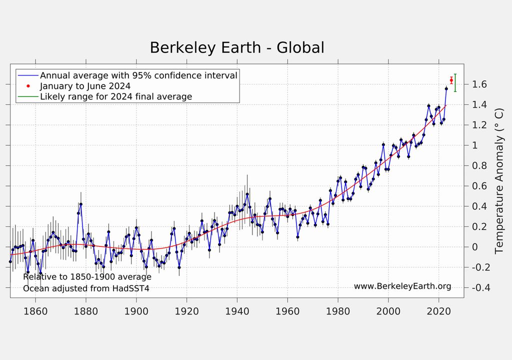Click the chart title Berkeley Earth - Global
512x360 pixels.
pos(237,47)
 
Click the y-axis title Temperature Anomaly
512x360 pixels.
pos(498,180)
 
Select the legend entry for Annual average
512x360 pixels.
pos(138,75)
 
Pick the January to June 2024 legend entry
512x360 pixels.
pos(85,86)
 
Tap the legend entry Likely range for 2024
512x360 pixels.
pos(116,96)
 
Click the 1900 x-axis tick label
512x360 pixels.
pos(136,310)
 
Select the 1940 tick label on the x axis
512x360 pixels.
pos(237,310)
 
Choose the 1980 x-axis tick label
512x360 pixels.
pos(338,310)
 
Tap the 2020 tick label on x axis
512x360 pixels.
pos(438,310)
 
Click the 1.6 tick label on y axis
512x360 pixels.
pos(479,84)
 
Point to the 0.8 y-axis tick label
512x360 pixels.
pos(479,166)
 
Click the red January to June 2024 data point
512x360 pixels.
pos(451,80)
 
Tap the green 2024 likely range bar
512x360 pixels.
pos(455,82)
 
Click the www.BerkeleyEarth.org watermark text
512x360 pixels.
pos(402,286)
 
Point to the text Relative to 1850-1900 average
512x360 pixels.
pos(87,277)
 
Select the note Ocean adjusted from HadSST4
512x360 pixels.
pos(86,288)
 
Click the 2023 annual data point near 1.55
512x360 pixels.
pos(446,88)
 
